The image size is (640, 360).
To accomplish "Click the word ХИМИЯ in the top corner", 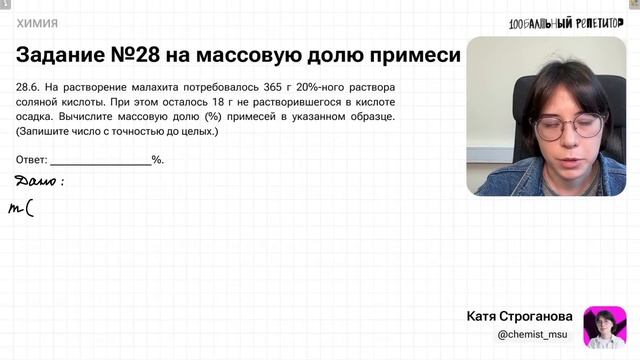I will coord(37,23).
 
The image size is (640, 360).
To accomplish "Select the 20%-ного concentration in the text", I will coord(320,87).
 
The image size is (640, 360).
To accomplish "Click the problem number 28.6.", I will coord(29,87).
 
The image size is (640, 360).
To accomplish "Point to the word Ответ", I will coord(32,160).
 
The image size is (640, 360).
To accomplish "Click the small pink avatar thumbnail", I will coord(604,326).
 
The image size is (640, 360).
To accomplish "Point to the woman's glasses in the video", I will coord(567,125).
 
